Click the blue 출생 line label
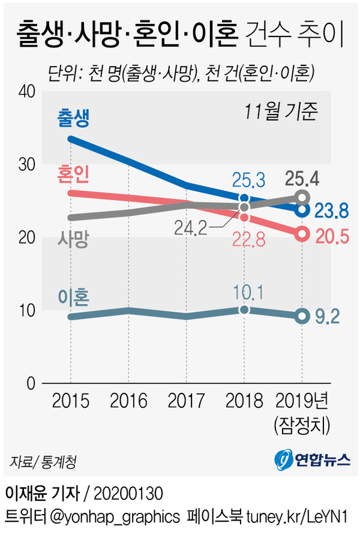(73, 118)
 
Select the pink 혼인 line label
(73, 174)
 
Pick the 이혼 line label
(73, 297)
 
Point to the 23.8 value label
(331, 211)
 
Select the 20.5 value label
(331, 236)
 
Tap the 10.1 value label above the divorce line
(244, 292)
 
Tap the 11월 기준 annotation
(280, 112)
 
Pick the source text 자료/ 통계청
(42, 462)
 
